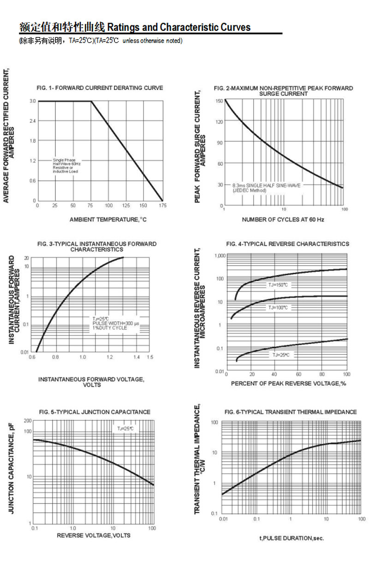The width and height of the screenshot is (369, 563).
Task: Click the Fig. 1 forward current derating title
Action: tap(100, 88)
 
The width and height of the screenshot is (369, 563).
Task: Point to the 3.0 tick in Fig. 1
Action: tap(33, 101)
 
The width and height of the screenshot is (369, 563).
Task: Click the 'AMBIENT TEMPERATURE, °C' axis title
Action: tap(107, 220)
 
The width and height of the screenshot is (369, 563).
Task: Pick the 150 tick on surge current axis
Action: tap(220, 101)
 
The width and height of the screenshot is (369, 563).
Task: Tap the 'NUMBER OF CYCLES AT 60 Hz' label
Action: tap(283, 220)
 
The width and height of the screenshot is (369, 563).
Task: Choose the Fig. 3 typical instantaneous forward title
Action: tap(97, 246)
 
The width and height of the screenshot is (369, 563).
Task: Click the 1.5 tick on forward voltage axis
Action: tap(150, 357)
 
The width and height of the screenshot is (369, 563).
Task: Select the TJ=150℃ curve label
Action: tap(278, 285)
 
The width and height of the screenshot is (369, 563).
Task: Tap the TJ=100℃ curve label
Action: tap(278, 307)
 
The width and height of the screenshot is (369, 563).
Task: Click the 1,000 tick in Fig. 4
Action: tap(220, 256)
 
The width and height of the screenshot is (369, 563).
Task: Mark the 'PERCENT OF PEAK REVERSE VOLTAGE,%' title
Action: tap(288, 383)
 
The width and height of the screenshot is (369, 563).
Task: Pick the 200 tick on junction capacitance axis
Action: tap(28, 421)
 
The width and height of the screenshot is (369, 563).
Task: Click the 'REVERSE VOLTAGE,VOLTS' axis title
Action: tap(94, 535)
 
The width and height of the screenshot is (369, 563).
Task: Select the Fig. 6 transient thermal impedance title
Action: tap(291, 412)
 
